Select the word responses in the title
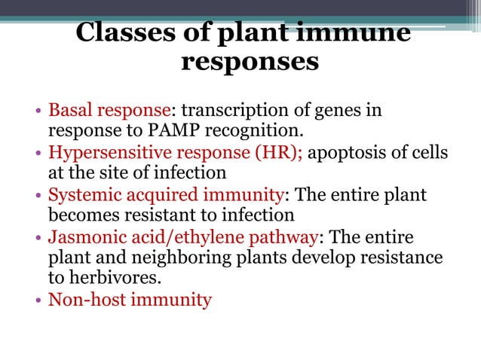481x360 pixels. click(x=250, y=62)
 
